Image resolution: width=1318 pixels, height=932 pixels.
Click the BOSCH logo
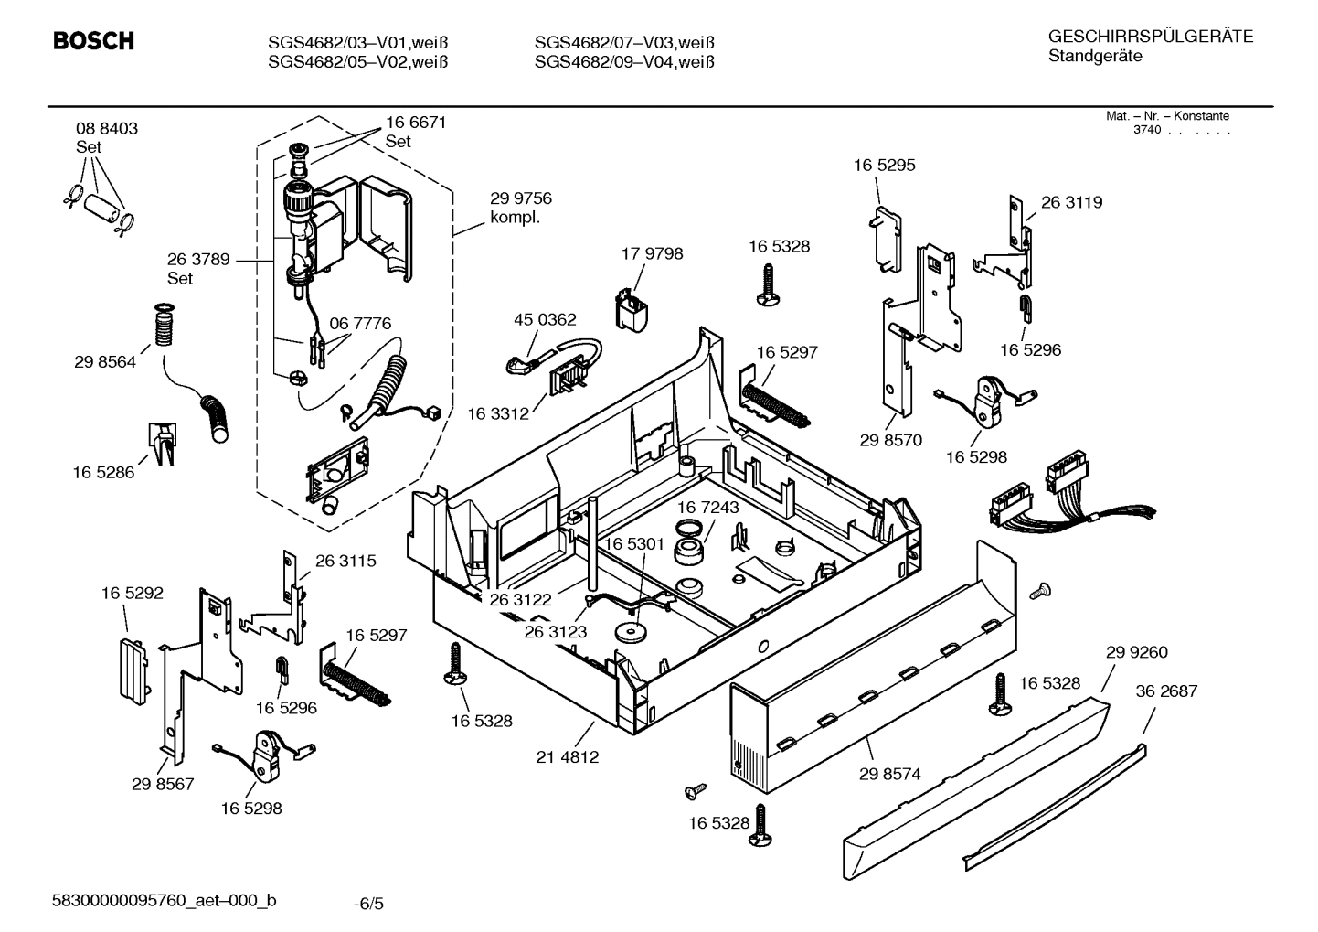click(93, 41)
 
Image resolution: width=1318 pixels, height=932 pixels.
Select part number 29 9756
click(520, 198)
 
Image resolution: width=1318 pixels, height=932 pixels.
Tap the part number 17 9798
click(652, 253)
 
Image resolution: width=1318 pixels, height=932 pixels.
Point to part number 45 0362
click(545, 319)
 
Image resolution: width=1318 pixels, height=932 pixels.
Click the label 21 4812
click(568, 757)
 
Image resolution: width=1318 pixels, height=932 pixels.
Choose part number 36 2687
click(1165, 691)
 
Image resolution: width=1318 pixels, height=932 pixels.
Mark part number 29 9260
click(1136, 652)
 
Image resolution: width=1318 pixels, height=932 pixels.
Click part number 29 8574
click(889, 774)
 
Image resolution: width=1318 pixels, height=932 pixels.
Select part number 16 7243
click(707, 507)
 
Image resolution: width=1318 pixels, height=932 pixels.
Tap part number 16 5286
click(103, 472)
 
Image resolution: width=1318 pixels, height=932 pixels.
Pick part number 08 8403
click(107, 128)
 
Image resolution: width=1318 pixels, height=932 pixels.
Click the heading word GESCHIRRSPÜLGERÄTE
click(1150, 37)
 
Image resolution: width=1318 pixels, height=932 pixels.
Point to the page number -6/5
click(368, 905)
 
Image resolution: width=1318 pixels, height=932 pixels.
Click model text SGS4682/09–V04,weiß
click(623, 62)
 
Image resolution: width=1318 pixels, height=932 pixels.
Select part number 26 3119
click(1071, 202)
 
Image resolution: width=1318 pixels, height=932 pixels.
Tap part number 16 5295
click(884, 166)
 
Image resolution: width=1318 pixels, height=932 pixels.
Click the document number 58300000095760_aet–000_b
click(165, 901)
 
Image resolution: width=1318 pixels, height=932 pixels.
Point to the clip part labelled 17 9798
click(630, 313)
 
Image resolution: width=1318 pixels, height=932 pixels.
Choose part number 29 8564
click(105, 361)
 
